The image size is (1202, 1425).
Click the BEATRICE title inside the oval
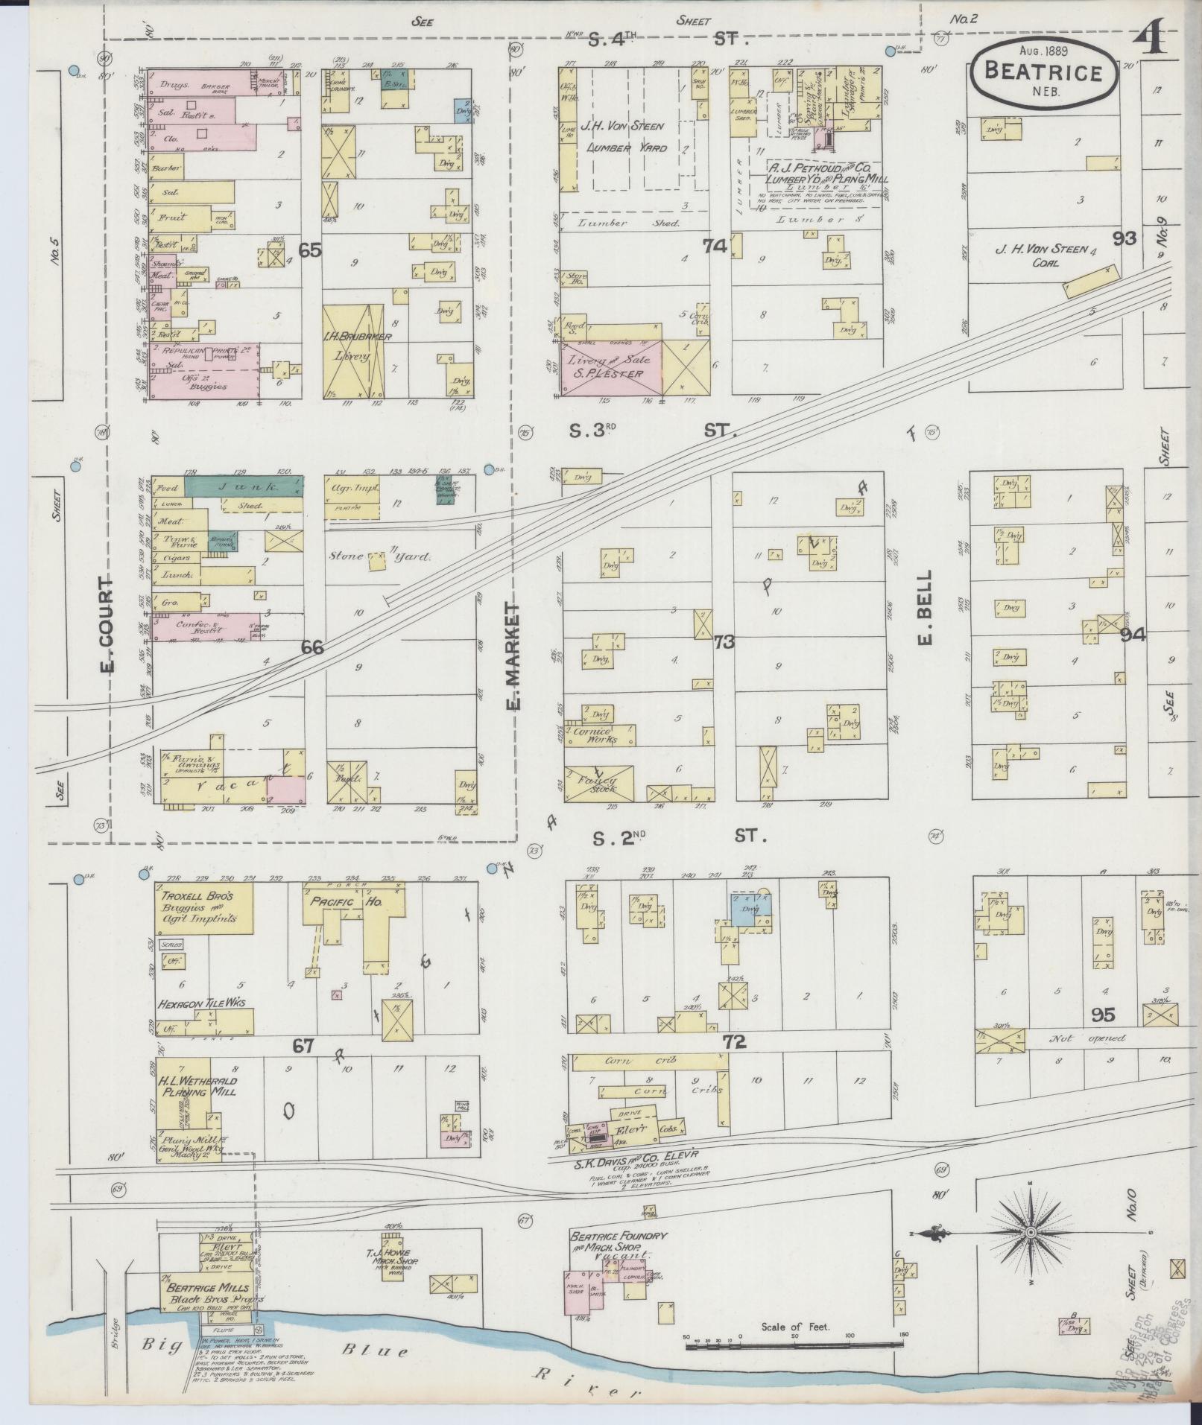[1043, 72]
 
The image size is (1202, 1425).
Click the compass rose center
[1031, 1233]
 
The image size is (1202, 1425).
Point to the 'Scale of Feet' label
[795, 1327]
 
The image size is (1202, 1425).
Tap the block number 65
[310, 250]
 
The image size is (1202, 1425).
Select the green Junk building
[243, 486]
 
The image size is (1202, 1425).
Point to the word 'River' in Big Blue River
[589, 1389]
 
